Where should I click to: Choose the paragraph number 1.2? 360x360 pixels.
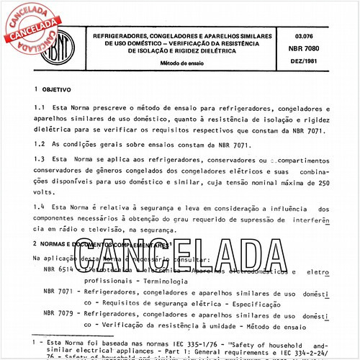click(x=40, y=145)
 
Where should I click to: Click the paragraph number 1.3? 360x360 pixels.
click(x=40, y=158)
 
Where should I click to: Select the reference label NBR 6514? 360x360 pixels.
click(x=60, y=269)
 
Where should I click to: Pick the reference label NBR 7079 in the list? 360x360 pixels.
click(x=60, y=315)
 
